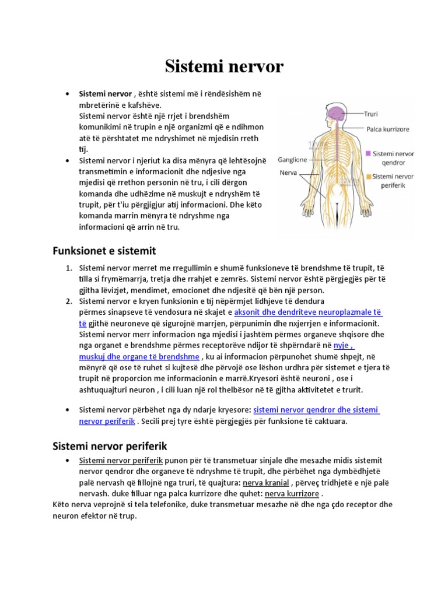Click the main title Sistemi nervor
point(224,67)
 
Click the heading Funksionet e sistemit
point(104,251)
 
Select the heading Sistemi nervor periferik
point(110,446)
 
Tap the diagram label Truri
point(372,114)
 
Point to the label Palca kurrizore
point(387,129)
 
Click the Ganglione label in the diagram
point(292,159)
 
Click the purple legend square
point(368,154)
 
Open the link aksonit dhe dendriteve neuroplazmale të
point(308,312)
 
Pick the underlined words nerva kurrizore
point(292,493)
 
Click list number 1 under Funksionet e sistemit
point(68,268)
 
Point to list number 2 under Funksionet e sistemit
point(68,301)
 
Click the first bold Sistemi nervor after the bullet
point(105,93)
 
